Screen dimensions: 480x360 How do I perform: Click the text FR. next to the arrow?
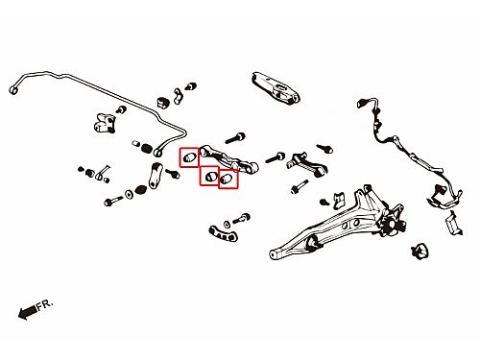[44, 304]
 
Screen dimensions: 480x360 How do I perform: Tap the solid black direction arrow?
[27, 312]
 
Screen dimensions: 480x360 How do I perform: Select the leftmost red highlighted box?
[189, 157]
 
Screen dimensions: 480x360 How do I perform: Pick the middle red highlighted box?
[209, 176]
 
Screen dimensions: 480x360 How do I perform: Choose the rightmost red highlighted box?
[228, 179]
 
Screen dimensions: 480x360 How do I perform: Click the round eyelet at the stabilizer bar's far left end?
[13, 90]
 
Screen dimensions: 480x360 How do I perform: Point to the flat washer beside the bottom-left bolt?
[129, 194]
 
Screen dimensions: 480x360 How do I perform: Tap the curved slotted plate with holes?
[223, 233]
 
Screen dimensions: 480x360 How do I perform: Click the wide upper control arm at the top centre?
[276, 88]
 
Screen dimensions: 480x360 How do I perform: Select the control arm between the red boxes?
[228, 159]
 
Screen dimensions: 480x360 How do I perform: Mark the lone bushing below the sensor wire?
[420, 251]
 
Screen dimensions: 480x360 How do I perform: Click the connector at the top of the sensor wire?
[362, 104]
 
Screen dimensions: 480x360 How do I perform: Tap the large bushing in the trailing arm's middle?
[314, 243]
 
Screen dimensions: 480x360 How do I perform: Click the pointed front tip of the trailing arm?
[272, 254]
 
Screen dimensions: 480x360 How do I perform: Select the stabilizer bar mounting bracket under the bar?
[104, 122]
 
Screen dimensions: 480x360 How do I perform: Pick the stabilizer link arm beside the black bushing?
[156, 176]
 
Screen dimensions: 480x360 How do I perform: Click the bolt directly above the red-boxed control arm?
[235, 138]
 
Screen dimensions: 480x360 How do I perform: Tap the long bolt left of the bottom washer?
[113, 202]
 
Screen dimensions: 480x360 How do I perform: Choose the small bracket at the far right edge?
[453, 223]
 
